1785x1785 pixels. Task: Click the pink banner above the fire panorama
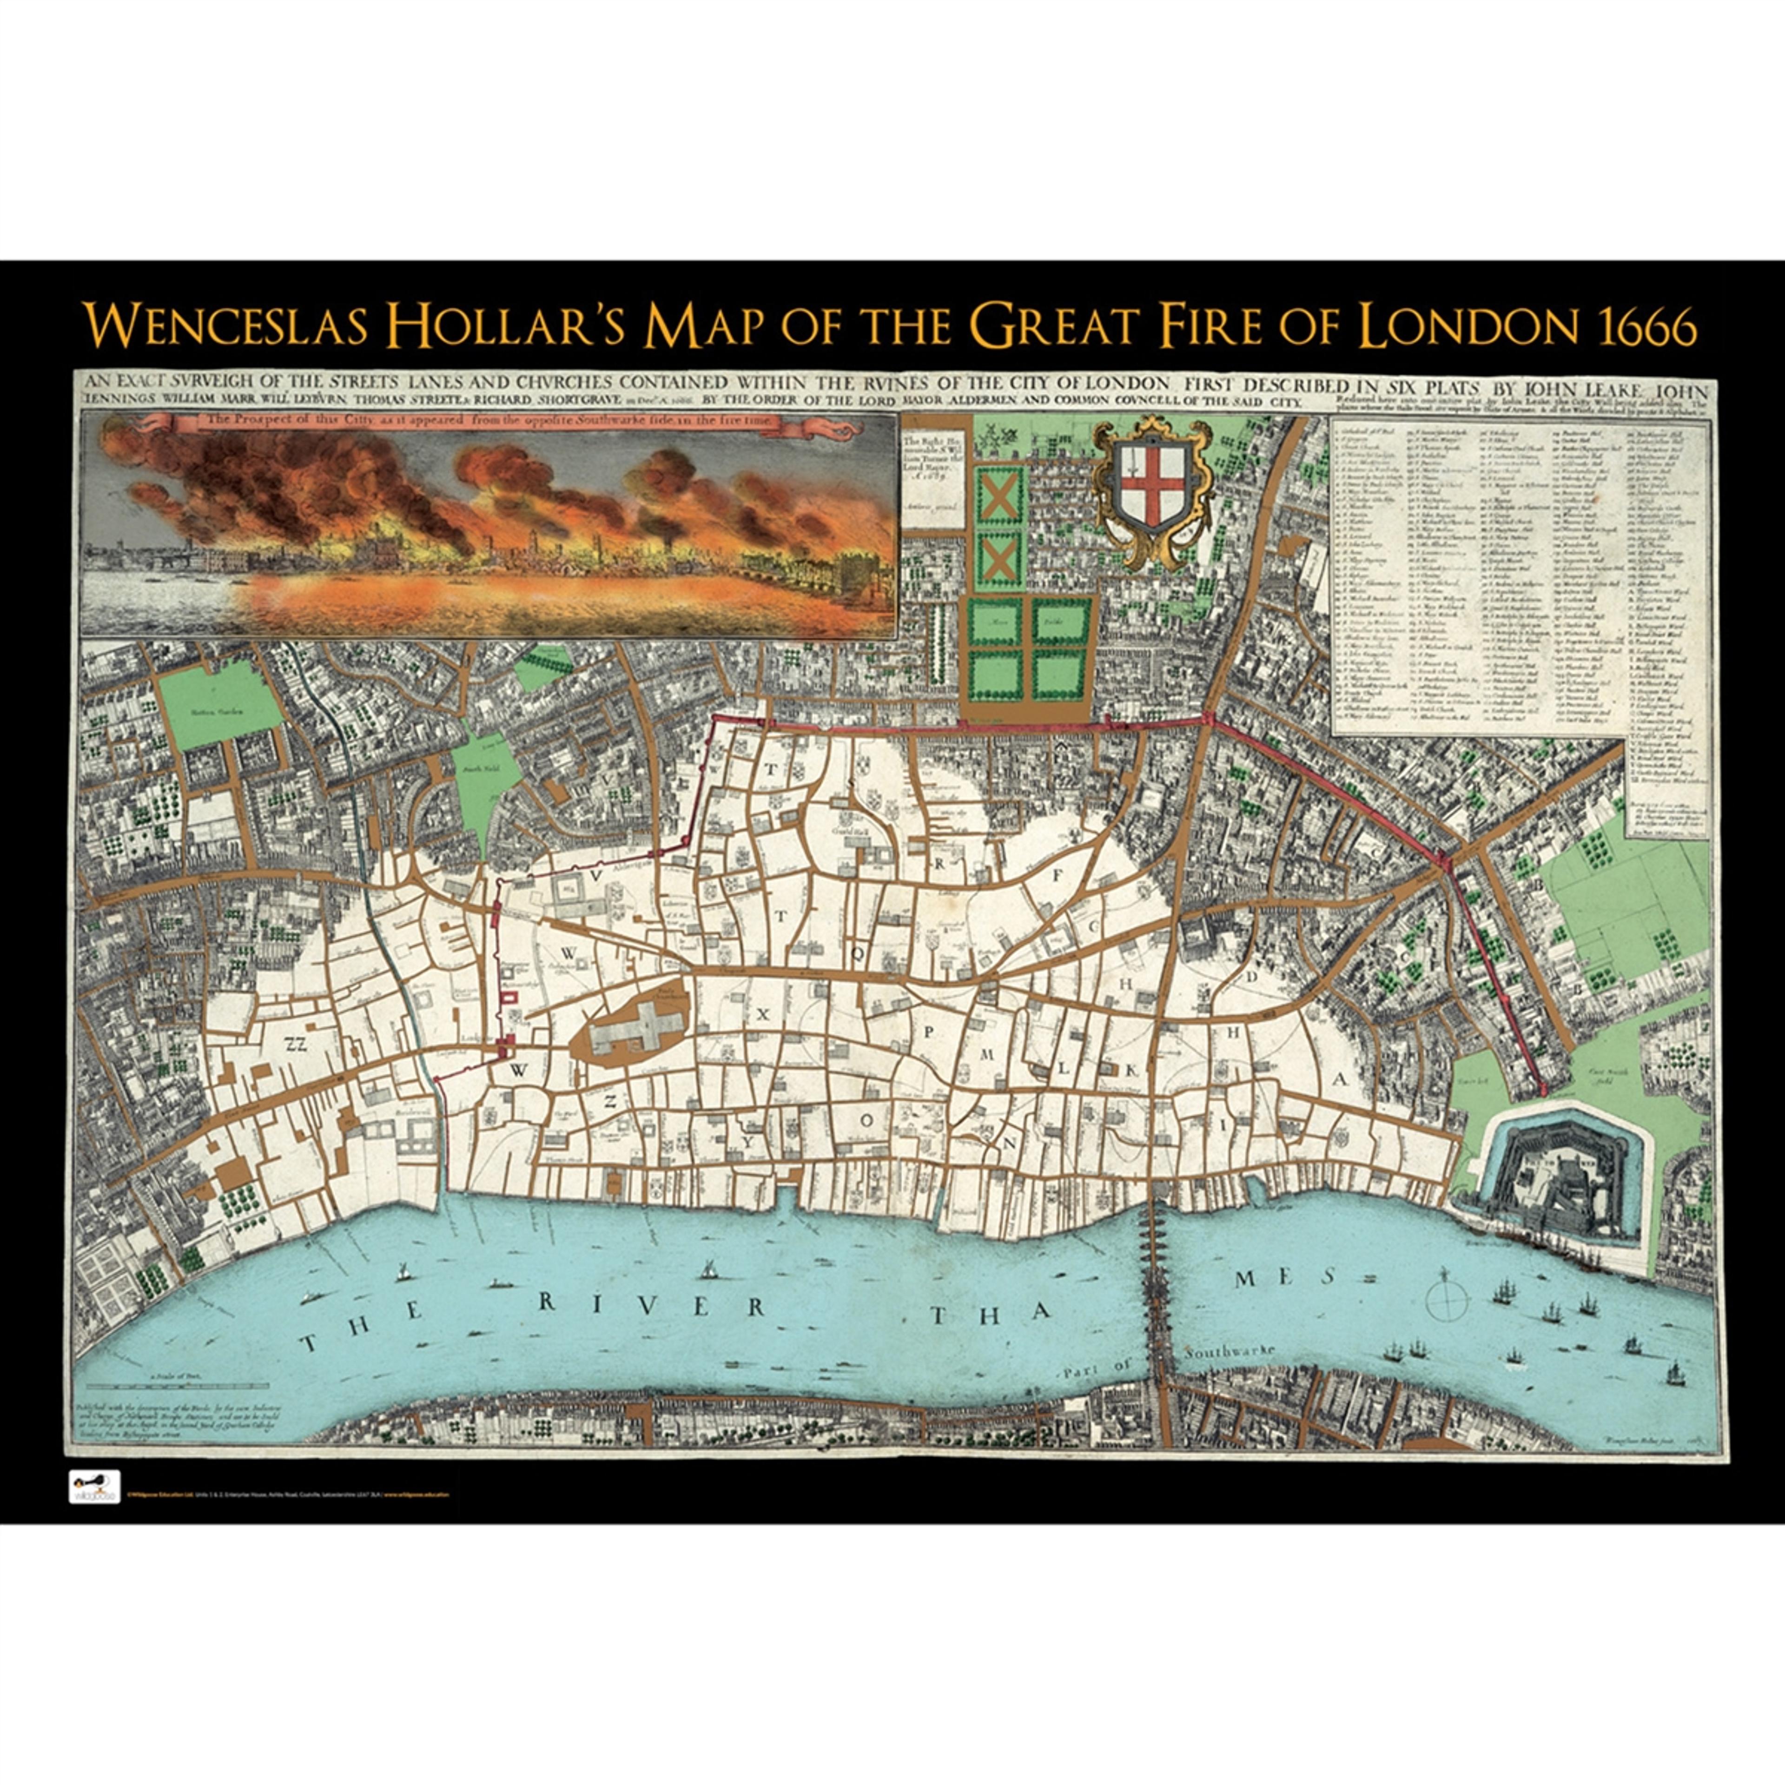point(489,423)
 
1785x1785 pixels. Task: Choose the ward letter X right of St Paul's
point(763,1013)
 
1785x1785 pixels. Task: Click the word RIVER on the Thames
point(651,1304)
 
